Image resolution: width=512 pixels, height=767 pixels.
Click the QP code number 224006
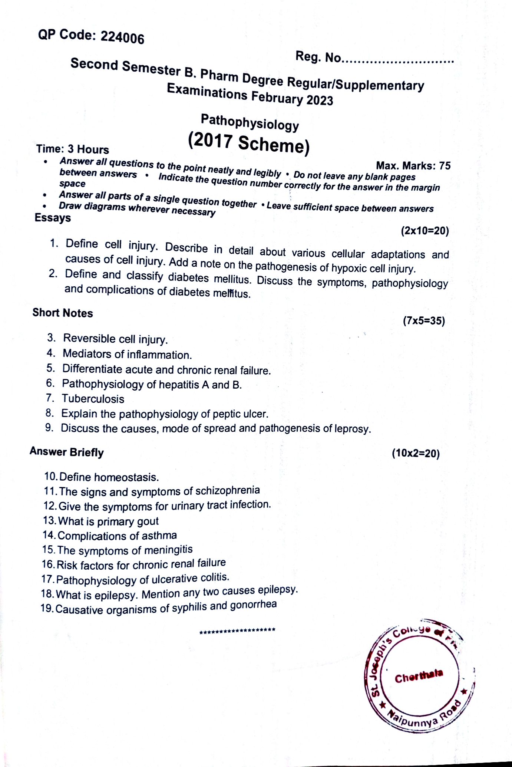[122, 38]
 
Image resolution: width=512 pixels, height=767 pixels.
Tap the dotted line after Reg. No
[398, 60]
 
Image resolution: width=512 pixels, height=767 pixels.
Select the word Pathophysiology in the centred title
[250, 123]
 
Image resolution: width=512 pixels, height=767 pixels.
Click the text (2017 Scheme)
[248, 144]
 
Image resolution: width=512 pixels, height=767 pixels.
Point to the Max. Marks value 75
[445, 166]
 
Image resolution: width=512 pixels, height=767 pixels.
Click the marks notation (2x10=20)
[425, 231]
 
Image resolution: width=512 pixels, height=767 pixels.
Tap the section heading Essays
[53, 218]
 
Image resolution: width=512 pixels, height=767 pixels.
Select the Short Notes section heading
[63, 313]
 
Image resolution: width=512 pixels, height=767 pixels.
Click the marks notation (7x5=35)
[424, 321]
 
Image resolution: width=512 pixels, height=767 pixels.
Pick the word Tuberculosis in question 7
[93, 399]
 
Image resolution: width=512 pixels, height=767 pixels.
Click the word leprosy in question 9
[352, 429]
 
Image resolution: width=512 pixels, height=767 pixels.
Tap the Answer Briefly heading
[67, 452]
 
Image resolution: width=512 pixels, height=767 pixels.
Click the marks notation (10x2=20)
[416, 454]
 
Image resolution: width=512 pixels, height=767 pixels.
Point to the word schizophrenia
[228, 491]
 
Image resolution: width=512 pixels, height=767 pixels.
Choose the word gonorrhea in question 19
[253, 605]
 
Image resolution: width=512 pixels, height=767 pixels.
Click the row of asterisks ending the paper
[237, 630]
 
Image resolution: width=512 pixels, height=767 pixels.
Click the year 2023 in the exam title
[320, 101]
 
